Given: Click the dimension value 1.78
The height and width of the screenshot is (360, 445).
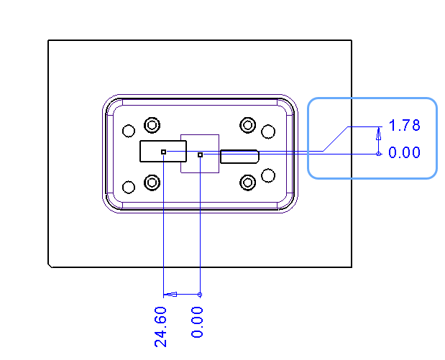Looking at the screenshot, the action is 404,125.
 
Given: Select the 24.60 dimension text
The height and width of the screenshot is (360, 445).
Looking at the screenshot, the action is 160,327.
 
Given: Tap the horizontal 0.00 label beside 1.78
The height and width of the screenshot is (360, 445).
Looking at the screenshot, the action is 404,152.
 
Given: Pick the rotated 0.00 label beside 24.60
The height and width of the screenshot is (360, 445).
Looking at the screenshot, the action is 197,322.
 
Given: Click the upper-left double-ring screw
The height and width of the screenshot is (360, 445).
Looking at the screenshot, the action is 152,125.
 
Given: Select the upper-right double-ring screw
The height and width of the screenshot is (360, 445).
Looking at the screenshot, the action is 248,125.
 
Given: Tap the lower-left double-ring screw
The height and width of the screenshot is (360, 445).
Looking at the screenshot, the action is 152,183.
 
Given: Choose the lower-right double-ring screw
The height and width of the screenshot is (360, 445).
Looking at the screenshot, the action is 248,183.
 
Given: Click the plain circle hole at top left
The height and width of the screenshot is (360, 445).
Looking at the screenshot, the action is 129,131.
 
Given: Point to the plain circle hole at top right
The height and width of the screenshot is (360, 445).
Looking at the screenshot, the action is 268,131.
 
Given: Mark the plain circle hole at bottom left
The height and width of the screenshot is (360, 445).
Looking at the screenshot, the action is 129,188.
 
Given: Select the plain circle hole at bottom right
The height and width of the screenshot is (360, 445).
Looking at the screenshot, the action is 268,175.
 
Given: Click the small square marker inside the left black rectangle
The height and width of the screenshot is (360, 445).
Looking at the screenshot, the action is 163,152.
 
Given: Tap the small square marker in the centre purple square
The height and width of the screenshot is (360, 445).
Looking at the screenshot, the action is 201,155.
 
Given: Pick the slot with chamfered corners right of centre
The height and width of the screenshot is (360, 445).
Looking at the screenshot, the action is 239,157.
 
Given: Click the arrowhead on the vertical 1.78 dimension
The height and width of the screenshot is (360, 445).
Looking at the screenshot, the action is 379,134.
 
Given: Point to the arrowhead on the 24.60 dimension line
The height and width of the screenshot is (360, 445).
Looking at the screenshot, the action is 171,295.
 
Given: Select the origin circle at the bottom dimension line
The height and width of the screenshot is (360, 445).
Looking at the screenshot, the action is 200,295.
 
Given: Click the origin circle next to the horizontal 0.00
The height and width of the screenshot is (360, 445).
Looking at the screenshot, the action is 379,154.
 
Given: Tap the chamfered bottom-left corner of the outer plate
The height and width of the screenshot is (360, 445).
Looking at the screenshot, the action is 50,266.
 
